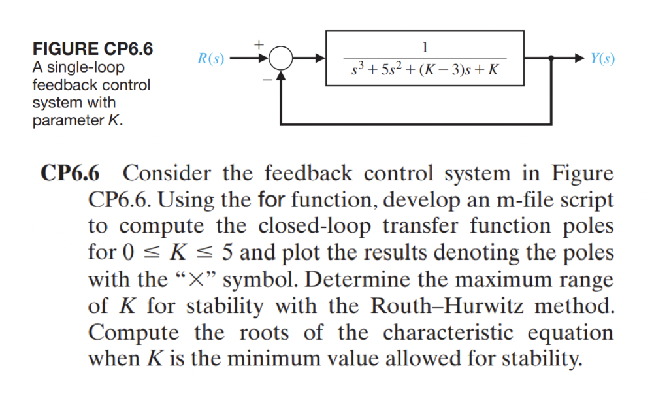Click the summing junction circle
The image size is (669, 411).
click(x=281, y=59)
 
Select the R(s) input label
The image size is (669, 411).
click(x=211, y=59)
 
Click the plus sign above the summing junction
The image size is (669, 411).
click(x=259, y=44)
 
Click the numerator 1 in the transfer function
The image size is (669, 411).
click(x=425, y=46)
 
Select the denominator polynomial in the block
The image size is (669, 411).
click(x=425, y=70)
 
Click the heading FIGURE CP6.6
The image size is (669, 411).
click(x=92, y=50)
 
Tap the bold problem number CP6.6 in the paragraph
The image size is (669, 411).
click(x=71, y=174)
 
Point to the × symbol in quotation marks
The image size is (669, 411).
click(x=204, y=280)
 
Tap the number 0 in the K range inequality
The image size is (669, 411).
click(x=128, y=252)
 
